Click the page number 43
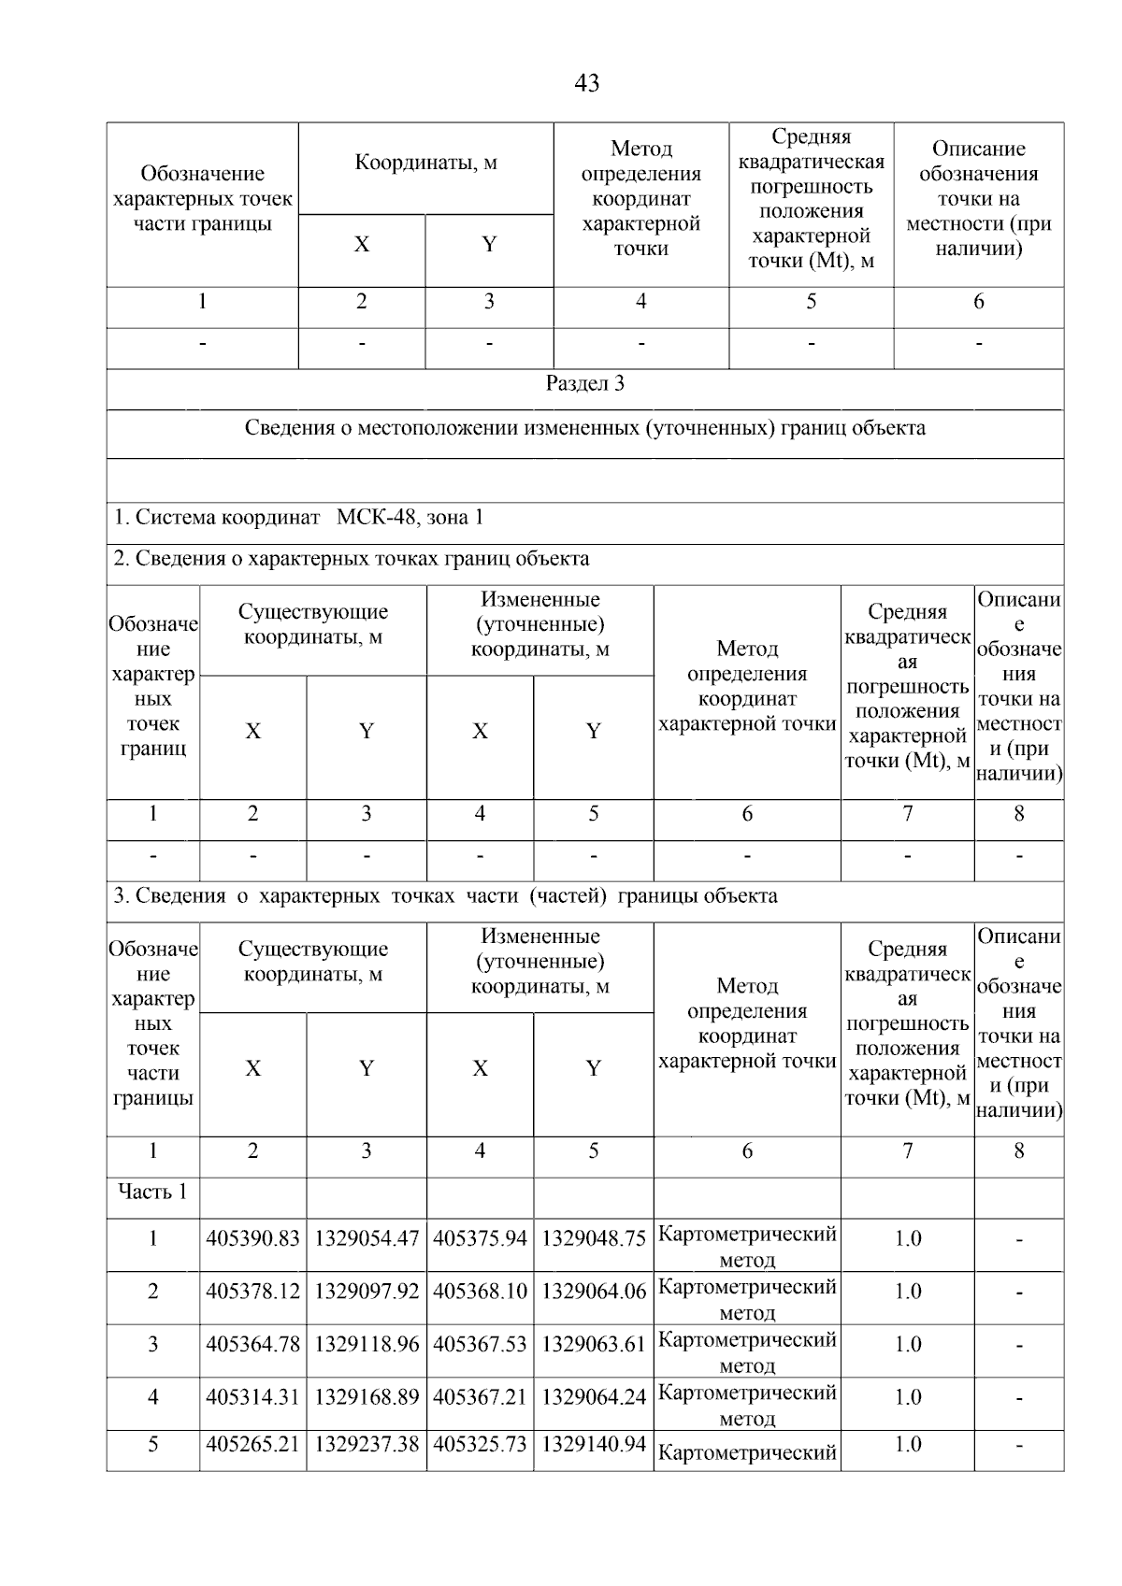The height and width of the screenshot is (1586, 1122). [x=586, y=83]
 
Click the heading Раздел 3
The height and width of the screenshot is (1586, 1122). [x=584, y=383]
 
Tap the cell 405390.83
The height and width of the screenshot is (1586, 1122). [x=252, y=1238]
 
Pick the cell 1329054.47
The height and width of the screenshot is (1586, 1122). [x=367, y=1238]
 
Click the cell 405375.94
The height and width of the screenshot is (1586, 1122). [x=481, y=1238]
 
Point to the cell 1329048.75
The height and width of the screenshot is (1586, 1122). [x=594, y=1238]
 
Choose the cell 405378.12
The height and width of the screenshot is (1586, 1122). [x=252, y=1292]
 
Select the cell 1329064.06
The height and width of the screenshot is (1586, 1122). [x=594, y=1292]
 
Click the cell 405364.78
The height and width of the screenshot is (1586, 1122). [x=252, y=1344]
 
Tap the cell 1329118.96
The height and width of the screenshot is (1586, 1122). [x=367, y=1344]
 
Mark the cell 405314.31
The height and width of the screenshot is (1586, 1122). [x=252, y=1397]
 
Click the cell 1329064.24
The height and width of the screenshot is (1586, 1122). [x=594, y=1397]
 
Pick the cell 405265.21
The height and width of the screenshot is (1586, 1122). [x=252, y=1445]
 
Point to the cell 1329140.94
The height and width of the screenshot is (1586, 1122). [x=594, y=1445]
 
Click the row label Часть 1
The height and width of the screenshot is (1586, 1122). [x=152, y=1192]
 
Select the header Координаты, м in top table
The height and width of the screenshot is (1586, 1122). [x=425, y=163]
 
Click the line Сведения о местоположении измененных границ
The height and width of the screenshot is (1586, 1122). [x=584, y=428]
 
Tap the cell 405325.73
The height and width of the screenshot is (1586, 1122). [x=481, y=1445]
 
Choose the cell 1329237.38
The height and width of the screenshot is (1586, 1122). [x=367, y=1445]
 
